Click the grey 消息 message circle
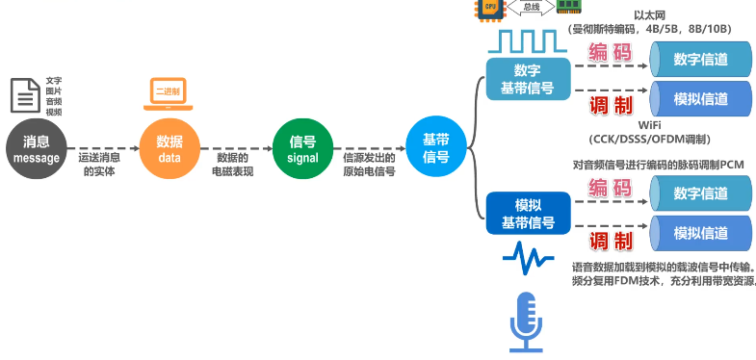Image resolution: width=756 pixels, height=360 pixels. point(37,149)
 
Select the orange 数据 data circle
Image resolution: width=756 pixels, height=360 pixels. point(169,149)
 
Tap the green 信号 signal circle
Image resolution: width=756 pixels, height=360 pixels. point(301,149)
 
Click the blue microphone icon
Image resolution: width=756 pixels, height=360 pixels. point(526,322)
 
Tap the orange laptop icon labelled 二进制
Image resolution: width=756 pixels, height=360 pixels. point(169,91)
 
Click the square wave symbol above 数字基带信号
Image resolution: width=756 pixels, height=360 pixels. point(528,41)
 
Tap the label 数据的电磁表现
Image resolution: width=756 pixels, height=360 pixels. point(232,164)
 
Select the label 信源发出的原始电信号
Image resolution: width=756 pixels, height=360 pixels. point(369,164)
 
